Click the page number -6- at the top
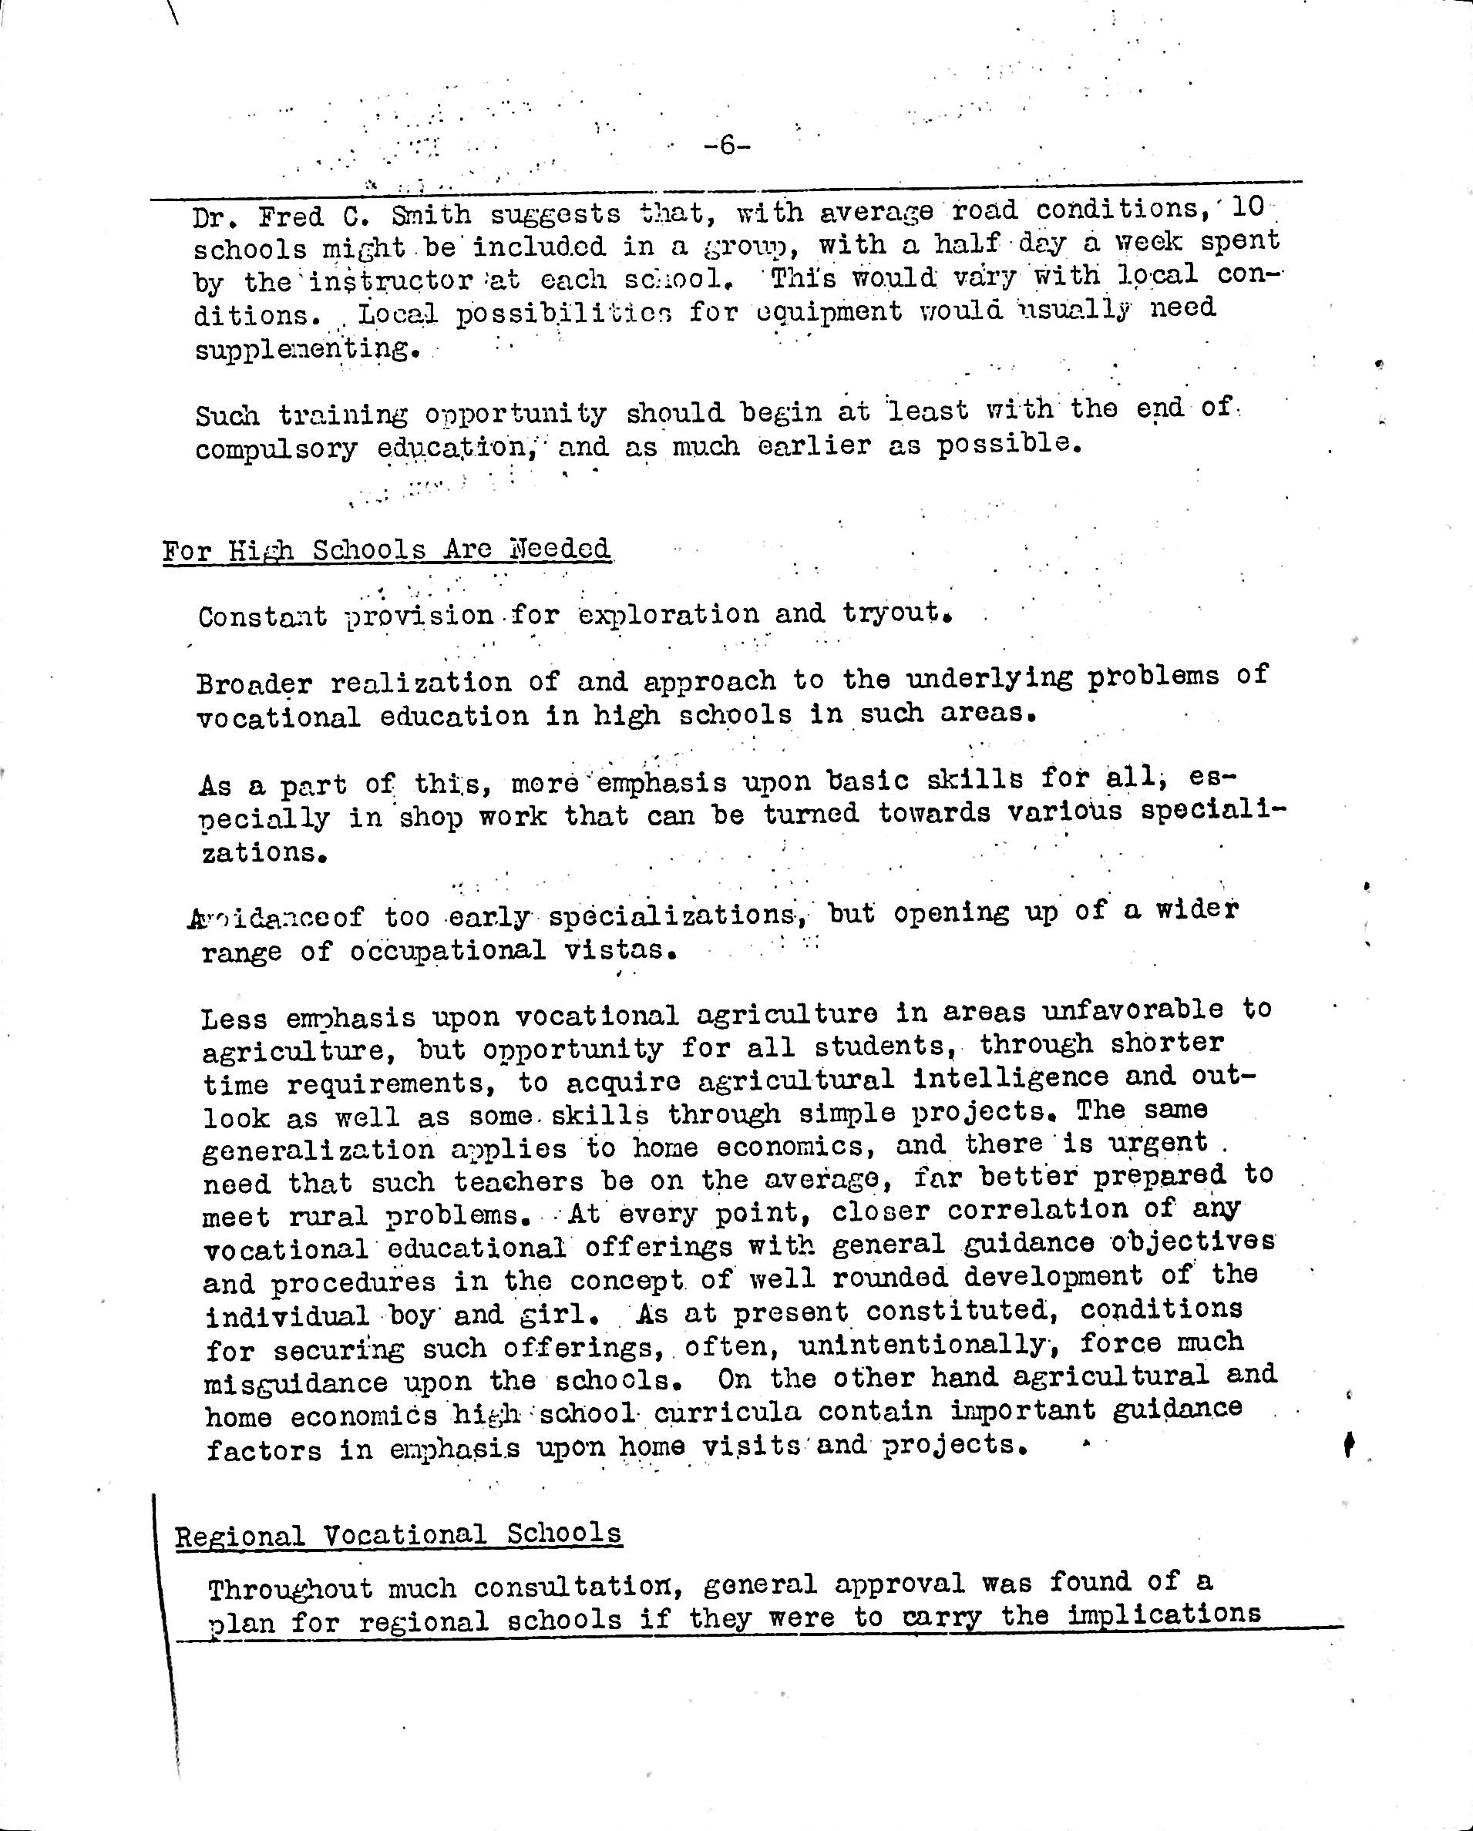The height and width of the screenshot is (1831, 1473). tap(727, 146)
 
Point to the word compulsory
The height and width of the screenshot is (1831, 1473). tap(276, 449)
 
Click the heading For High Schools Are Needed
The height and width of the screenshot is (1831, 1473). tap(386, 550)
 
